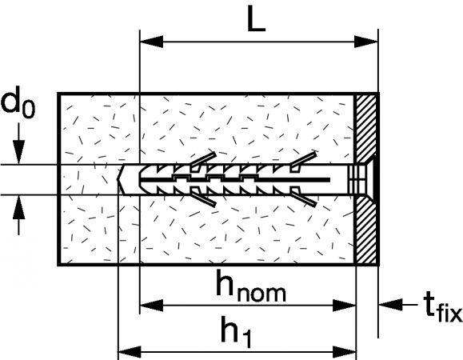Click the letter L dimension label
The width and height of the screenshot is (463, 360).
click(257, 18)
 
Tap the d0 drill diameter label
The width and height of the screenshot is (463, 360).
click(18, 102)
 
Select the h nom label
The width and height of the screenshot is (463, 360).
click(251, 286)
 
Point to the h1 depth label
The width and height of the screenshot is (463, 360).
click(236, 331)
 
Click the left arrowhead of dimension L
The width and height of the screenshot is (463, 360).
click(151, 42)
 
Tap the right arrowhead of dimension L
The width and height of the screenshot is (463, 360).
click(366, 42)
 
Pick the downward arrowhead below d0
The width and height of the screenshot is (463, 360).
click(19, 152)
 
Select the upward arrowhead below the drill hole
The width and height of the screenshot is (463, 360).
click(19, 207)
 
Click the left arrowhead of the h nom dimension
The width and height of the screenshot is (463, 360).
click(151, 305)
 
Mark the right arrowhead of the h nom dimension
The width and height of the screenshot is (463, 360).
click(345, 305)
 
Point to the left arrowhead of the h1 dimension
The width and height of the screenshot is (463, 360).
click(130, 352)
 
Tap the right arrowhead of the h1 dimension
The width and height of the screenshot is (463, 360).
click(345, 352)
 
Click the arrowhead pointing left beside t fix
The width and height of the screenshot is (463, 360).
click(391, 305)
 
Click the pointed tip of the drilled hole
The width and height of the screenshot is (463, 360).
click(118, 179)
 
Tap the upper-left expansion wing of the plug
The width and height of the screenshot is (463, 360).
click(204, 160)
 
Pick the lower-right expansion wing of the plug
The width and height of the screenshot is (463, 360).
click(304, 198)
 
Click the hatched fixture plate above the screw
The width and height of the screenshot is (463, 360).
click(366, 127)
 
